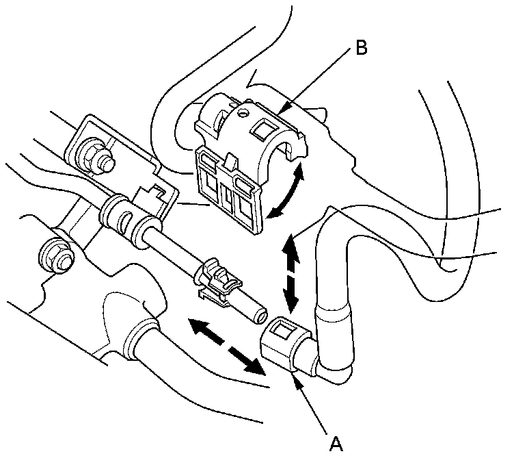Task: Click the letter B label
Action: (362, 48)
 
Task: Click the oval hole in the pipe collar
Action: (126, 220)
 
